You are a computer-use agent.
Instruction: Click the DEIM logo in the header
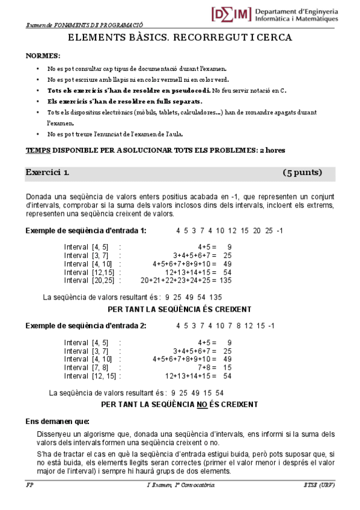coord(231,14)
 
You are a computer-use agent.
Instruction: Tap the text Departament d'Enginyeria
coord(296,11)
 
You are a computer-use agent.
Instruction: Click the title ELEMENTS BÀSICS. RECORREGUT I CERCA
coord(180,38)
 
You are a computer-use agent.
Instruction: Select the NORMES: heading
coord(43,55)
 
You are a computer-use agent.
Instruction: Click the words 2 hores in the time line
coord(272,150)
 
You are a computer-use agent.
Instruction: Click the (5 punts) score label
coord(302,173)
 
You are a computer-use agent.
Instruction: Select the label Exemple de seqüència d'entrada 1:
coord(86,231)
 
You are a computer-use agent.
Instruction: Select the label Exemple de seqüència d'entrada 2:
coord(86,326)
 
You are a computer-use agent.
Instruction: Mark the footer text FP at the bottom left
coord(29,485)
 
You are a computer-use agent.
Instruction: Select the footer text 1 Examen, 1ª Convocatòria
coord(179,485)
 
